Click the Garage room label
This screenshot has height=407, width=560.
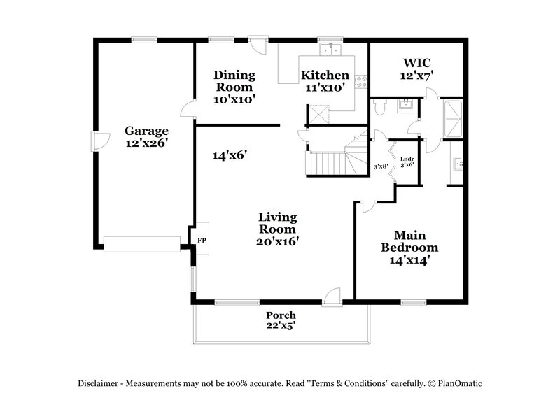(147, 131)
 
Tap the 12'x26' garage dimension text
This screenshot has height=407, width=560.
(147, 143)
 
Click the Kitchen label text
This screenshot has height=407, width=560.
(325, 76)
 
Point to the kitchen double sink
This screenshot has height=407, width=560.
(328, 50)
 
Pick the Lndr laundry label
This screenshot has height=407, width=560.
(407, 159)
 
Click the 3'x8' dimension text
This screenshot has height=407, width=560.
(381, 166)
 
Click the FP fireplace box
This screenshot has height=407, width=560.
(202, 239)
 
